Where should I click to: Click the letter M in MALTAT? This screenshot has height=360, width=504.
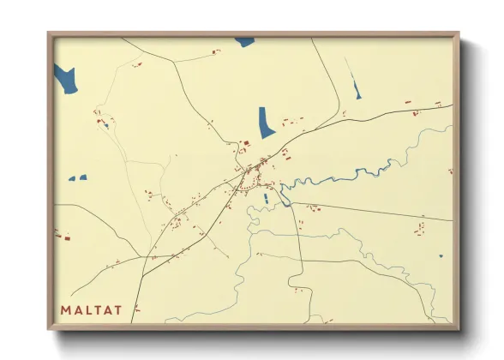pos(66,309)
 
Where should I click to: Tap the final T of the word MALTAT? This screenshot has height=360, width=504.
pos(117,309)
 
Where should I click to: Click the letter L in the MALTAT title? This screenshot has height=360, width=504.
pos(87,309)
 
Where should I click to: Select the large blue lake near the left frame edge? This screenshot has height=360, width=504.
pos(65,79)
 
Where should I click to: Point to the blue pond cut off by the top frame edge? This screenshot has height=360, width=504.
pos(246,41)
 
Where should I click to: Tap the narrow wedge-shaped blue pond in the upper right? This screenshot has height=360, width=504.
pos(357,87)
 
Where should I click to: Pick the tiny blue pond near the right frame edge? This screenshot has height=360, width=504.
pos(441,255)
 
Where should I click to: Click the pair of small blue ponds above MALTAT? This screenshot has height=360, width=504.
pos(78,178)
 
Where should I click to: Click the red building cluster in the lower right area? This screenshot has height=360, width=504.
pos(419,230)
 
